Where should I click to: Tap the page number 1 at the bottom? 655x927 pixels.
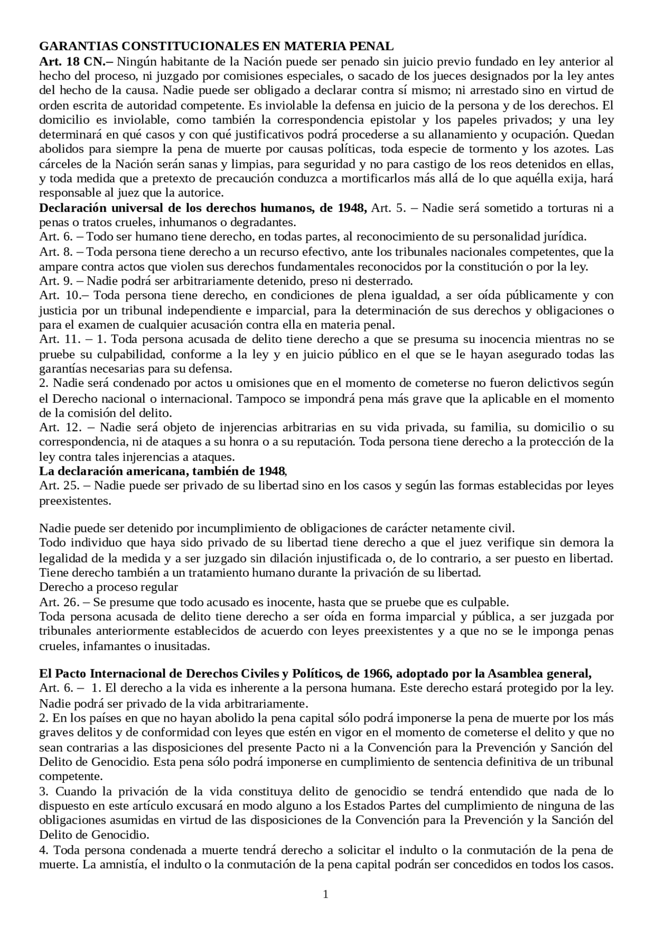click(x=326, y=894)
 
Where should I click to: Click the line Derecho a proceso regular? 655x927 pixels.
click(x=108, y=587)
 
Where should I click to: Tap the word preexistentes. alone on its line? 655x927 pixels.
click(x=75, y=501)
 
